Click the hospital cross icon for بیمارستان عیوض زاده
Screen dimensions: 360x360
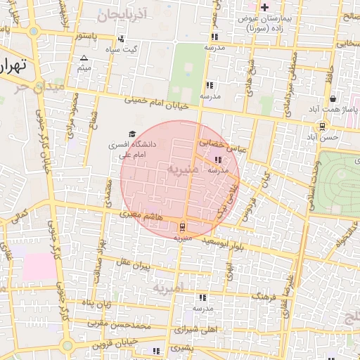[x=264, y=8]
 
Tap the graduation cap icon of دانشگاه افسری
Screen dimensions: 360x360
[x=131, y=134]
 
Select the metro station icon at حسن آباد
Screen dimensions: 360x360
[x=322, y=127]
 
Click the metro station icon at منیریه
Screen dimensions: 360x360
[x=183, y=227]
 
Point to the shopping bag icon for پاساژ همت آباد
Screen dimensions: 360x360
[x=332, y=99]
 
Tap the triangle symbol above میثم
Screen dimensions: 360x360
[x=84, y=58]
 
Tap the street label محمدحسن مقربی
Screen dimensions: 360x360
[x=120, y=325]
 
